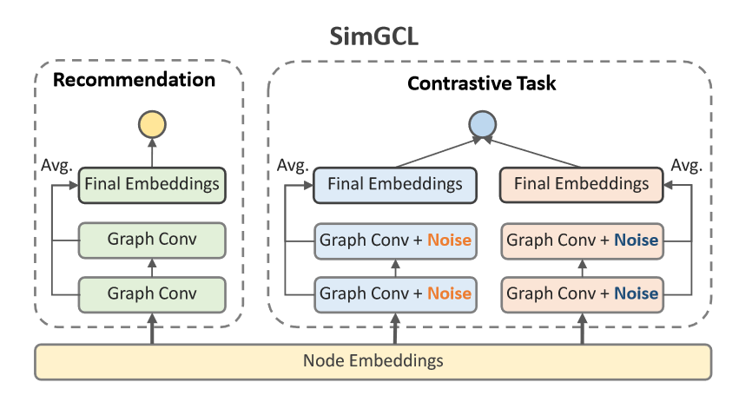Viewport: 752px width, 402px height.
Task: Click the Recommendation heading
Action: click(x=134, y=81)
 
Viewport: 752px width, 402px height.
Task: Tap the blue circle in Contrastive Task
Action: click(x=482, y=125)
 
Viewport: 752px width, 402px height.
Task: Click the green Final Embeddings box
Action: click(x=152, y=184)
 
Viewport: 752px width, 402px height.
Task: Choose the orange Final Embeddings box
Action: click(x=581, y=184)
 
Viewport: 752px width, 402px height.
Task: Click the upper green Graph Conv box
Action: click(x=152, y=239)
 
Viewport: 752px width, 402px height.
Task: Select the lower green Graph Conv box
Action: click(x=152, y=293)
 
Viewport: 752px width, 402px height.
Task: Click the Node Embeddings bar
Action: click(x=373, y=360)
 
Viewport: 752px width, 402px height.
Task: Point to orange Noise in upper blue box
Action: click(x=450, y=239)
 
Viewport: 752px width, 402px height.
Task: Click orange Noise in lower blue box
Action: click(x=450, y=293)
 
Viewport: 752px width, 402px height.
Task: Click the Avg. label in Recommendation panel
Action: click(x=56, y=164)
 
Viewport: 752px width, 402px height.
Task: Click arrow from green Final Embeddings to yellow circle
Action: click(x=153, y=154)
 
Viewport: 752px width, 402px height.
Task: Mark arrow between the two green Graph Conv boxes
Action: click(x=153, y=266)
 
